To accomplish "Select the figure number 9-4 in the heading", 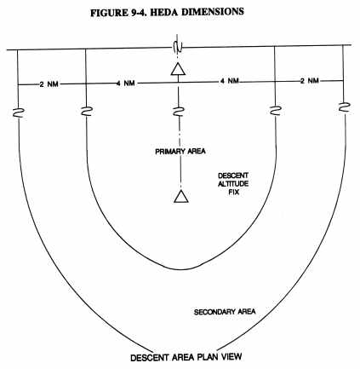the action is coord(138,13).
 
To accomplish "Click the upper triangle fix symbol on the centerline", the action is coord(178,69).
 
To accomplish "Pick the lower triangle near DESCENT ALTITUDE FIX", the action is coord(181,197).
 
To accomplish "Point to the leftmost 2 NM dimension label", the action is coord(49,84).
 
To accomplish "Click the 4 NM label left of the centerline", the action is coord(125,84).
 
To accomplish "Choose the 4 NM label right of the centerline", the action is coord(229,81).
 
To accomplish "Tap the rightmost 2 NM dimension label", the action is coord(310,81).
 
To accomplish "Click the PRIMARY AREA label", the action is coord(180,152).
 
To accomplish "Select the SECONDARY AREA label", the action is coord(225,312).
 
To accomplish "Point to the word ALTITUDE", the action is coord(233,184).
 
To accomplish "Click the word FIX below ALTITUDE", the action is coord(234,192).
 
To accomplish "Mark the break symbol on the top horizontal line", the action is coord(178,47).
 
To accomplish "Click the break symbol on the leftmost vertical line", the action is coord(18,112).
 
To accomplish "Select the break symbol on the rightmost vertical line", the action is coord(345,107).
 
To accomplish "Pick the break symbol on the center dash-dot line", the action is coord(178,111).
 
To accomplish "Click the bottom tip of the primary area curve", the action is coord(180,269).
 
